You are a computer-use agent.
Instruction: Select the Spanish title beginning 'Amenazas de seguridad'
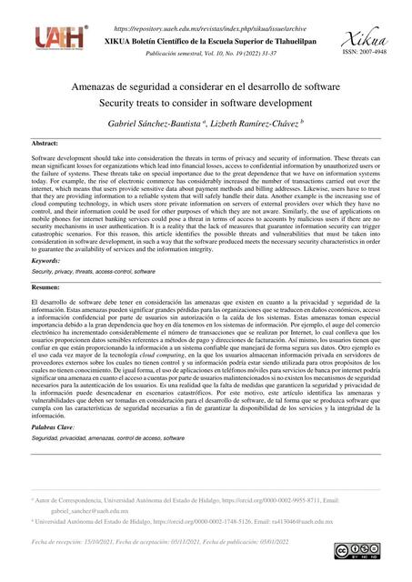point(205,85)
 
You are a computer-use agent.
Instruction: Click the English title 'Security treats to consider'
point(205,103)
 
